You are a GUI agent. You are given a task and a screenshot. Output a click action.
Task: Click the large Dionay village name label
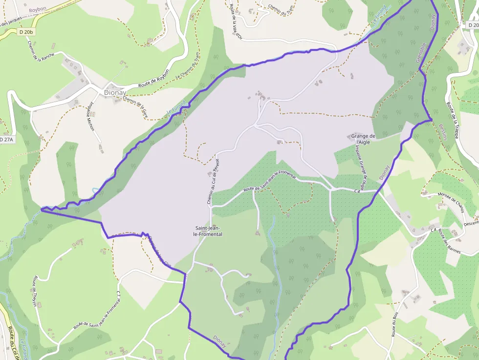115,92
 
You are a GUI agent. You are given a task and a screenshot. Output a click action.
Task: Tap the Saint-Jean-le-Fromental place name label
208,231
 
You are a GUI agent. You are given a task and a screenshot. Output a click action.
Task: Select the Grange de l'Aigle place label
363,139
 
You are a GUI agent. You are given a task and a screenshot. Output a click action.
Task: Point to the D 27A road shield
6,140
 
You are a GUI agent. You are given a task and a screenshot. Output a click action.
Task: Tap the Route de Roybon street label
154,79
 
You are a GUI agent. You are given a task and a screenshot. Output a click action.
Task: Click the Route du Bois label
394,324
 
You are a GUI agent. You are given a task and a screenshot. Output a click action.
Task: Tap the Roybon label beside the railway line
37,9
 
